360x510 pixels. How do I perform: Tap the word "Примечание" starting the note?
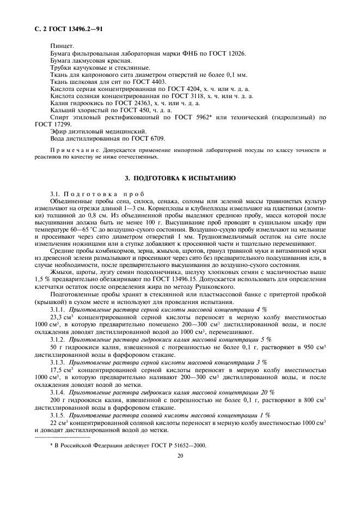click(69, 150)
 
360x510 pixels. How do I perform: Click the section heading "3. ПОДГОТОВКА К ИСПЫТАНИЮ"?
click(180, 178)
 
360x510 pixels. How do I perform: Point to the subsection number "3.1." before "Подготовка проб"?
click(56, 195)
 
